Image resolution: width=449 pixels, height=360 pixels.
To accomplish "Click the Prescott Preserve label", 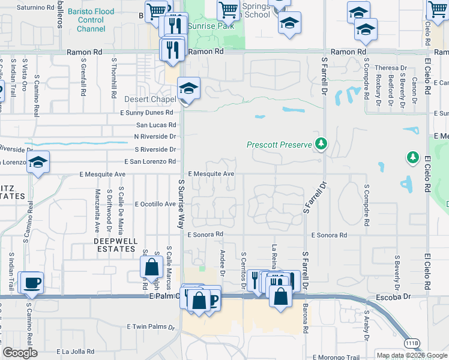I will (x=279, y=145).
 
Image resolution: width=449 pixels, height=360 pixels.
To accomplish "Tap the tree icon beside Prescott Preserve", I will (x=322, y=144).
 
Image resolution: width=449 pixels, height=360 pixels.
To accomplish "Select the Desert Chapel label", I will (x=150, y=100).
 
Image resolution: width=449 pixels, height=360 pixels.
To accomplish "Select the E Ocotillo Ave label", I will (x=155, y=204).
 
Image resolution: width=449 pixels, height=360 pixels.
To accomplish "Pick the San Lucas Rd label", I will (x=156, y=125).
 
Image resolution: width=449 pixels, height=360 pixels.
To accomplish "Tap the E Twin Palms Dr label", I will (x=150, y=326).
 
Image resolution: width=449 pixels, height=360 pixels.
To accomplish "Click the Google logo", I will (x=20, y=353).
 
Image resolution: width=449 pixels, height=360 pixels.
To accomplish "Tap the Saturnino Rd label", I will (x=35, y=8).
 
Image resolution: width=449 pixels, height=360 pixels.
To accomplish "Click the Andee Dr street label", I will (x=223, y=263).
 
